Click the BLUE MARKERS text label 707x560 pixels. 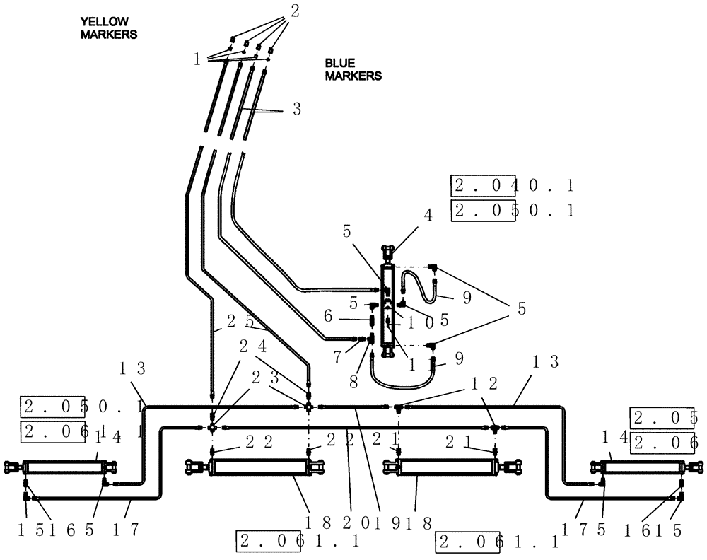point(353,69)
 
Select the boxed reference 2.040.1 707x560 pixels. point(513,186)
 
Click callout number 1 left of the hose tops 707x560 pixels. point(197,59)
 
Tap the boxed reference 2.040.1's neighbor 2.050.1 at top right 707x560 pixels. point(513,210)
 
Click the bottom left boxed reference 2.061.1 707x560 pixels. point(299,542)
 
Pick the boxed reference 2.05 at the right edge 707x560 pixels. point(664,418)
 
